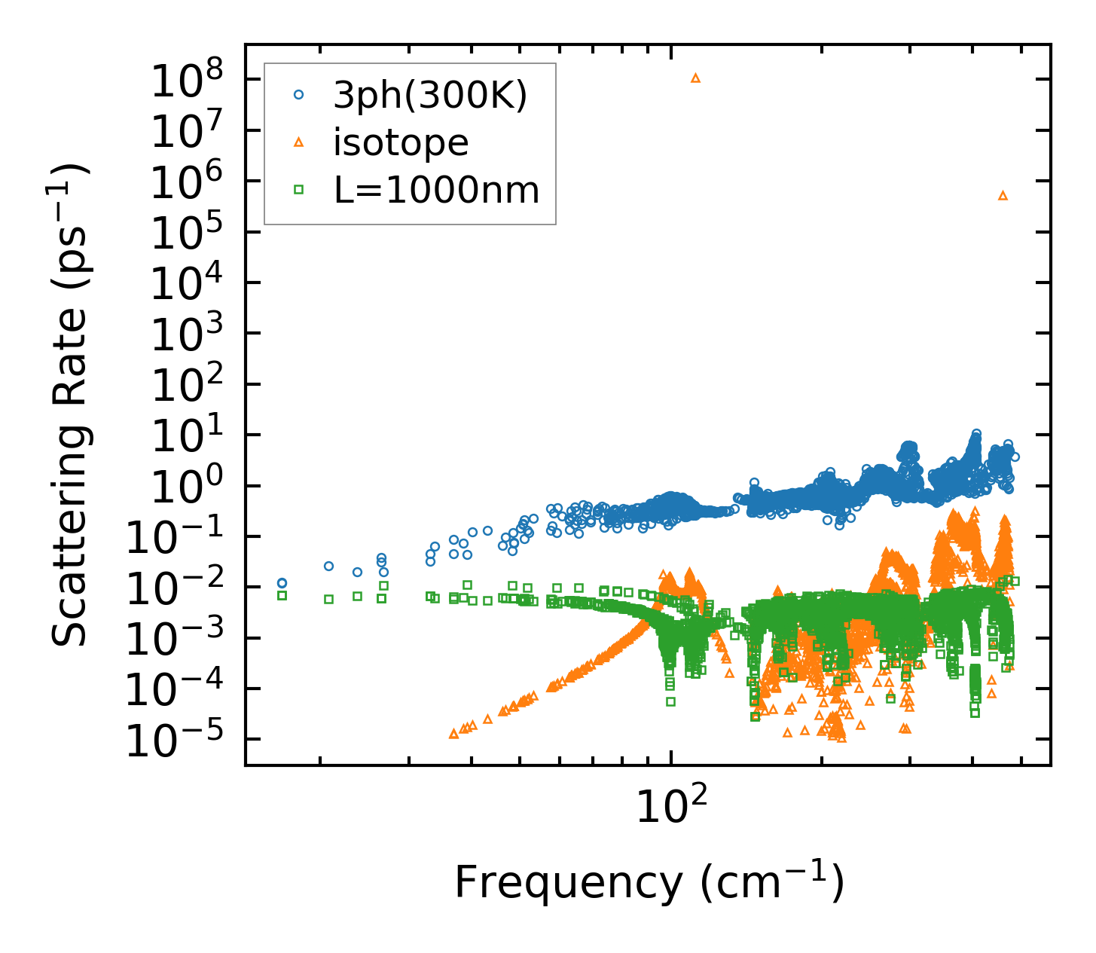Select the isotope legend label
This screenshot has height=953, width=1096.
pyautogui.click(x=401, y=142)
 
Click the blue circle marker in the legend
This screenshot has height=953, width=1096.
pyautogui.click(x=299, y=95)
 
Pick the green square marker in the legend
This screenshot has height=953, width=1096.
pyautogui.click(x=299, y=191)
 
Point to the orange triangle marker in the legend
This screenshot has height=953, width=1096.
pyautogui.click(x=299, y=142)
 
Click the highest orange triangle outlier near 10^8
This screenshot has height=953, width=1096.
pyautogui.click(x=695, y=78)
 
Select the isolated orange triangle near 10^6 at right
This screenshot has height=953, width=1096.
pyautogui.click(x=1003, y=196)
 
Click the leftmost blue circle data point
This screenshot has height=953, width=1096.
pyautogui.click(x=282, y=583)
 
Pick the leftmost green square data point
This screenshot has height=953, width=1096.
pyautogui.click(x=282, y=595)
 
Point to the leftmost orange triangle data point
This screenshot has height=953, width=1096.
pyautogui.click(x=453, y=734)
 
